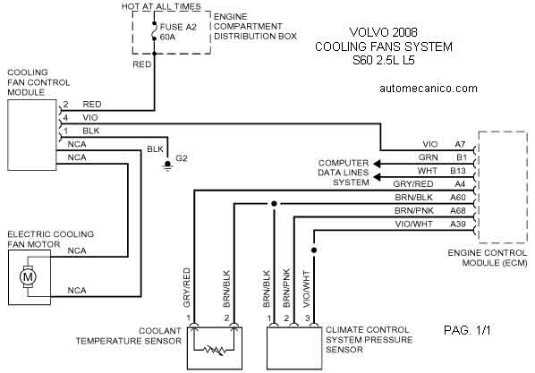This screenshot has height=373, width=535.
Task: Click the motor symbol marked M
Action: (28, 276)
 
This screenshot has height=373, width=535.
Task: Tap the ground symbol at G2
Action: (167, 165)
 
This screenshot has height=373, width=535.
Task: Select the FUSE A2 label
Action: (178, 27)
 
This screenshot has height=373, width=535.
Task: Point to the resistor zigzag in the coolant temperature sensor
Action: (214, 350)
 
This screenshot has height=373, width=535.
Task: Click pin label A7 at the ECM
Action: (460, 144)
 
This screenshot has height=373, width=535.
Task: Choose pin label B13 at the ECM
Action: (458, 171)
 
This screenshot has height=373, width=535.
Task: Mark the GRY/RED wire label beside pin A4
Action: (413, 184)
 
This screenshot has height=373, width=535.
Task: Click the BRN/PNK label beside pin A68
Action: (414, 210)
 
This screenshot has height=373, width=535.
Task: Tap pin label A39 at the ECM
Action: (458, 224)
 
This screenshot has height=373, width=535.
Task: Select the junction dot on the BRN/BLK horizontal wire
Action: (274, 204)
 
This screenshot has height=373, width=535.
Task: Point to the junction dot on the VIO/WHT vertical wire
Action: (314, 250)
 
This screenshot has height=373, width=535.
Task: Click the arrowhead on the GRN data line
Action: (377, 164)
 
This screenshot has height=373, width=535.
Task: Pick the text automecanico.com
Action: (429, 89)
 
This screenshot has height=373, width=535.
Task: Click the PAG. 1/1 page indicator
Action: (467, 330)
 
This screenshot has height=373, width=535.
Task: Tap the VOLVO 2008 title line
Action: (384, 32)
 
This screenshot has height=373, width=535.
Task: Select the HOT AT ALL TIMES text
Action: (161, 6)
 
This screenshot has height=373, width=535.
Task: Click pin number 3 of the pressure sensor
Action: (308, 318)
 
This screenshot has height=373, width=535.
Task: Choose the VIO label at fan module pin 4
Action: (90, 117)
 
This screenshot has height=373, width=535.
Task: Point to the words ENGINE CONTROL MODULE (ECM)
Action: (488, 258)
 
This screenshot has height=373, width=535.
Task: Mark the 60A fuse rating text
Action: (167, 37)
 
